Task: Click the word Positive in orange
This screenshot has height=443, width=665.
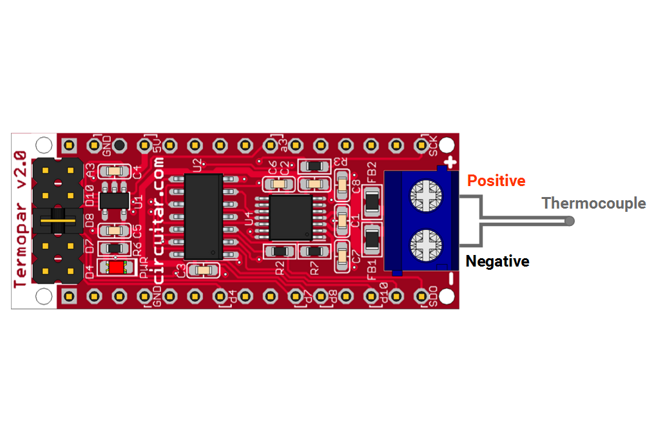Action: coord(496,181)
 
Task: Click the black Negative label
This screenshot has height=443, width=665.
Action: coord(497,261)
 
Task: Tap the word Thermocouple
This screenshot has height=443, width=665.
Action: coord(593,203)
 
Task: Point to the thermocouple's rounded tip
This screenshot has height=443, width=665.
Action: coord(569,221)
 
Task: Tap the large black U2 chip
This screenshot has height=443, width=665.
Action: coord(204,216)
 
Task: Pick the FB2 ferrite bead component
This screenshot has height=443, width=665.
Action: coord(372,202)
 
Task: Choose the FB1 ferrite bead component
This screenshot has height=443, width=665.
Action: coord(372,240)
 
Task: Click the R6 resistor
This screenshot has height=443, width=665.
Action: coord(114,248)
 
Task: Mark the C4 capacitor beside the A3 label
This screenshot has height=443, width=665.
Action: coord(115,172)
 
